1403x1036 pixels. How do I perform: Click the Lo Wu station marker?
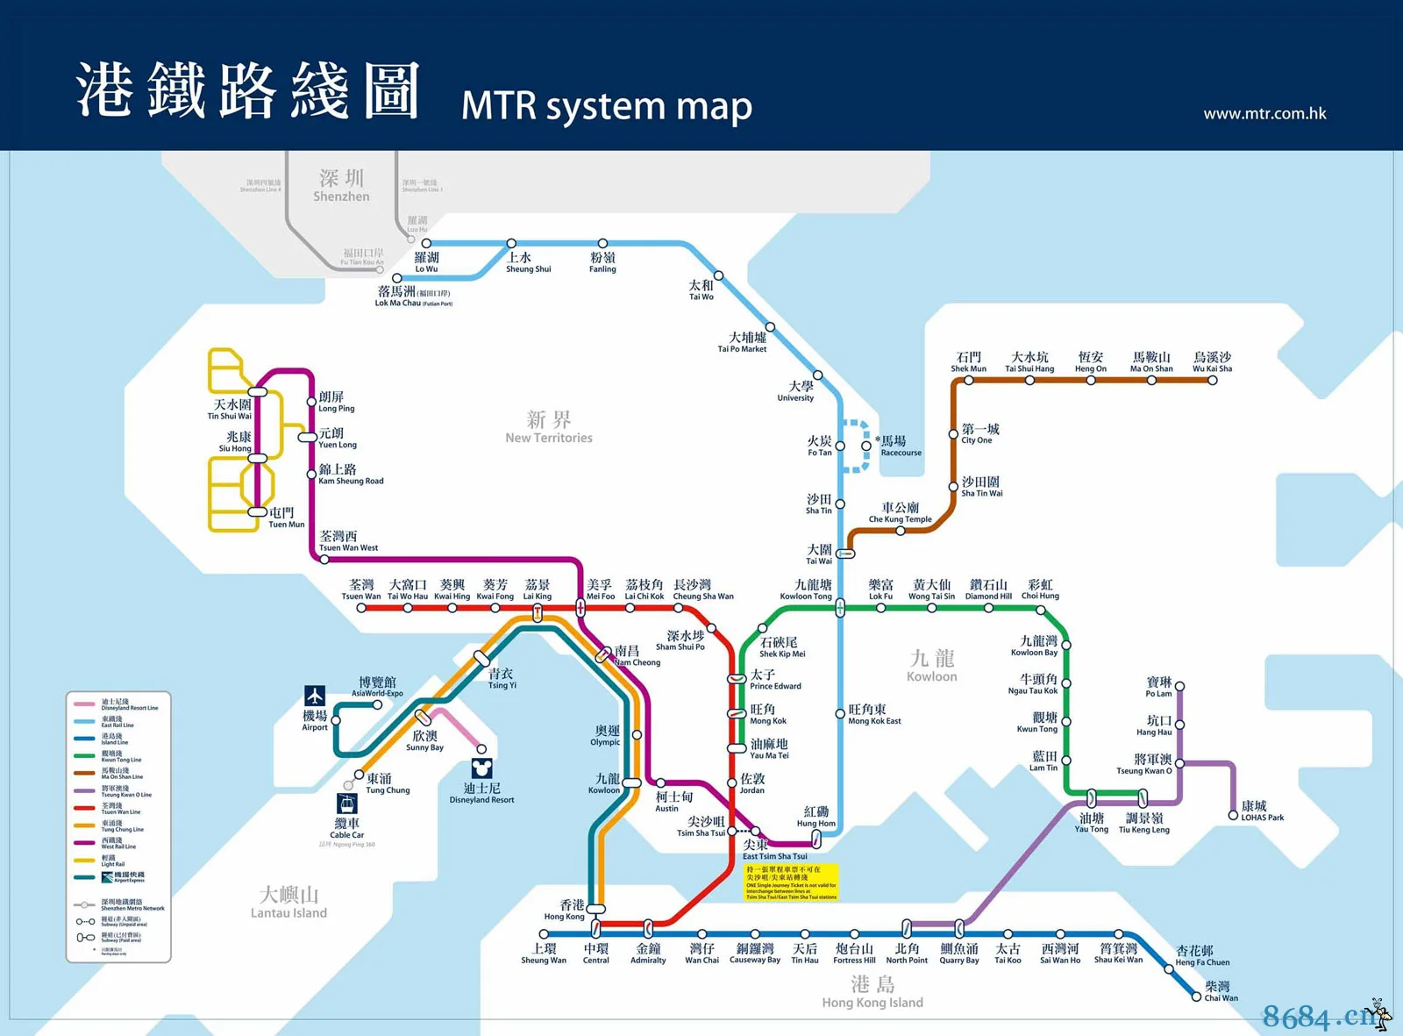pyautogui.click(x=426, y=244)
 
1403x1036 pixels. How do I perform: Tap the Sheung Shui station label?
pyautogui.click(x=528, y=262)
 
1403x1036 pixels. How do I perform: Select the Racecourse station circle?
pyautogui.click(x=866, y=446)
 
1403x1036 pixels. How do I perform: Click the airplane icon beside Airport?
pyautogui.click(x=315, y=696)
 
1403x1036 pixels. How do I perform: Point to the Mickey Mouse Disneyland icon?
pyautogui.click(x=481, y=769)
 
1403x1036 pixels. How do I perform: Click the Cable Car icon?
pyautogui.click(x=347, y=804)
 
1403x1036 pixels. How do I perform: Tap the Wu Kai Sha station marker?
pyautogui.click(x=1212, y=380)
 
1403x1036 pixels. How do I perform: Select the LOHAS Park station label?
pyautogui.click(x=1261, y=811)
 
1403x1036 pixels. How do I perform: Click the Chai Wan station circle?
pyautogui.click(x=1196, y=997)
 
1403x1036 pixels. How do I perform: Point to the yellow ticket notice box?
pyautogui.click(x=792, y=882)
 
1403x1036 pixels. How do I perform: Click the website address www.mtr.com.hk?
pyautogui.click(x=1264, y=113)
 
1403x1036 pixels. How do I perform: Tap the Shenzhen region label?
pyautogui.click(x=341, y=186)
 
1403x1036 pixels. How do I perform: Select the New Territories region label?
pyautogui.click(x=549, y=427)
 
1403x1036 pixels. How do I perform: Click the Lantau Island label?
pyautogui.click(x=288, y=903)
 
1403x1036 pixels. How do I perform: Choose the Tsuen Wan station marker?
pyautogui.click(x=361, y=608)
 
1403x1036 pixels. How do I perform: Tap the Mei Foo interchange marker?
pyautogui.click(x=580, y=608)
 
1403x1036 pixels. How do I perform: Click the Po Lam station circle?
pyautogui.click(x=1179, y=686)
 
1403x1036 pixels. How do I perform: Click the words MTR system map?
pyautogui.click(x=606, y=106)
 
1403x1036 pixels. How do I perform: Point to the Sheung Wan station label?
pyautogui.click(x=544, y=953)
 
